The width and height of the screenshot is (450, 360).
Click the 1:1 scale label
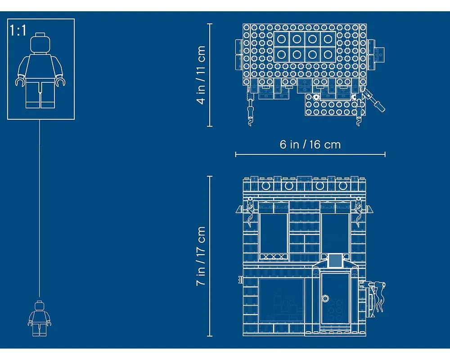click(x=18, y=30)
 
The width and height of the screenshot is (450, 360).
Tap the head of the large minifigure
click(x=40, y=43)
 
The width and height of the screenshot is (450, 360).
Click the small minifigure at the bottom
click(x=39, y=319)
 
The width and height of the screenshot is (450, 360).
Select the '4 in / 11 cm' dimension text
click(x=201, y=75)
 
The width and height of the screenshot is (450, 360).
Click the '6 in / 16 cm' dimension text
click(x=310, y=144)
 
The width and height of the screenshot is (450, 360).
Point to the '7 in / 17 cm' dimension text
click(x=201, y=256)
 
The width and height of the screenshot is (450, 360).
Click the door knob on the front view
click(x=325, y=298)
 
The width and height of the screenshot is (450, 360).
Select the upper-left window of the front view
click(x=274, y=233)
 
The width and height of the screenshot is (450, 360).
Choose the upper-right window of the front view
click(x=335, y=233)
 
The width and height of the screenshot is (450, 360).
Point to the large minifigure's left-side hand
click(x=20, y=81)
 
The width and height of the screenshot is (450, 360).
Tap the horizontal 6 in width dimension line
click(x=310, y=154)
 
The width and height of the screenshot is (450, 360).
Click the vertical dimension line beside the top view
click(x=210, y=75)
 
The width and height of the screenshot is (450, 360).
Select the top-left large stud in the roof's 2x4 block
click(x=281, y=39)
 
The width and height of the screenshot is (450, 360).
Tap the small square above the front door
click(x=335, y=261)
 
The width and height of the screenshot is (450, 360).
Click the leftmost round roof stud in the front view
click(x=266, y=186)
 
